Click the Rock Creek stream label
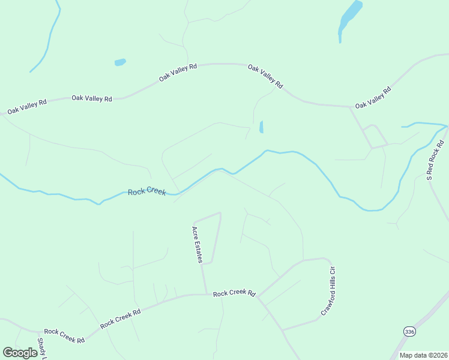pos(146,191)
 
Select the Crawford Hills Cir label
pos(327,291)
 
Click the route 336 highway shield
pos(409,331)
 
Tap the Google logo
pos(20,352)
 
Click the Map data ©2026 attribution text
pos(423,355)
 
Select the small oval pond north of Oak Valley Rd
pos(120,62)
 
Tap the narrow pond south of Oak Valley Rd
pos(261,127)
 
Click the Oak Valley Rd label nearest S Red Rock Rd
pos(373,97)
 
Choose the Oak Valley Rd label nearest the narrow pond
pos(265,77)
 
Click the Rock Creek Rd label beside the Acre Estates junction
pos(234,293)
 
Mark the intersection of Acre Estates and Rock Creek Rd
pos(206,294)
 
